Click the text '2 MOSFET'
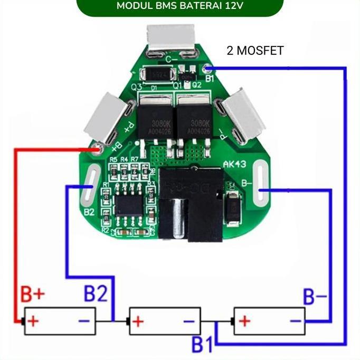pos(255,51)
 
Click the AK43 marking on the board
pos(234,165)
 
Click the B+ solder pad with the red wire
pos(98,149)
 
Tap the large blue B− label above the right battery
pos(315,297)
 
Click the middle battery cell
pos(164,321)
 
